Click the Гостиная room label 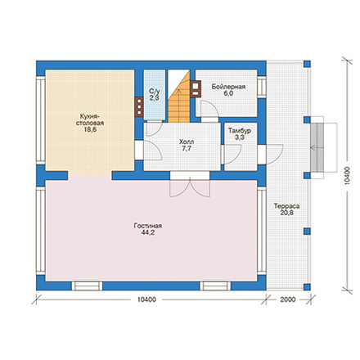point(148,226)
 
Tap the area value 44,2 point(148,232)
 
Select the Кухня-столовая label point(90,119)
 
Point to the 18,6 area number point(90,130)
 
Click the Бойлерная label point(228,87)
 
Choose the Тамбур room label point(240,131)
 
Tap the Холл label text point(187,142)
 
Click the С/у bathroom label point(154,91)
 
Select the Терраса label point(286,206)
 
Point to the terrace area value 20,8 point(286,213)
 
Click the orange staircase point(178,96)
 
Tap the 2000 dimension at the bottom point(288,299)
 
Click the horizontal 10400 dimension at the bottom point(146,299)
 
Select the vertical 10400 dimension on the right point(347,176)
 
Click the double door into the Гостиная point(190,185)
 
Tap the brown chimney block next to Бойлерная point(196,89)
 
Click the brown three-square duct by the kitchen point(139,107)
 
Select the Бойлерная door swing point(209,110)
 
